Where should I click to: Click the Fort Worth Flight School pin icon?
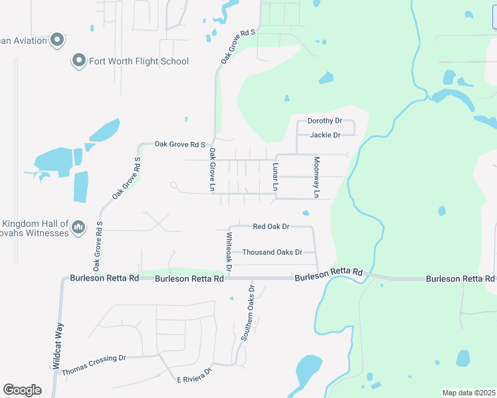[78, 61]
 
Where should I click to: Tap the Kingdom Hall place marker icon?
[78, 228]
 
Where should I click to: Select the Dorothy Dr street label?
[324, 121]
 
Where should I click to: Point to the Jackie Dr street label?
[325, 135]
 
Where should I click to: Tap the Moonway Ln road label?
[317, 177]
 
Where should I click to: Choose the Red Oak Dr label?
[271, 226]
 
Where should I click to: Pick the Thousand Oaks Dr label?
[272, 252]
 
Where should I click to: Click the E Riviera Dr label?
[193, 375]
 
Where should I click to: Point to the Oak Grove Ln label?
[213, 170]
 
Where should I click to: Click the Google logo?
[22, 390]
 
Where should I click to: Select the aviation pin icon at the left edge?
[56, 40]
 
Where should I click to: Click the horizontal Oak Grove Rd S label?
[180, 143]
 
